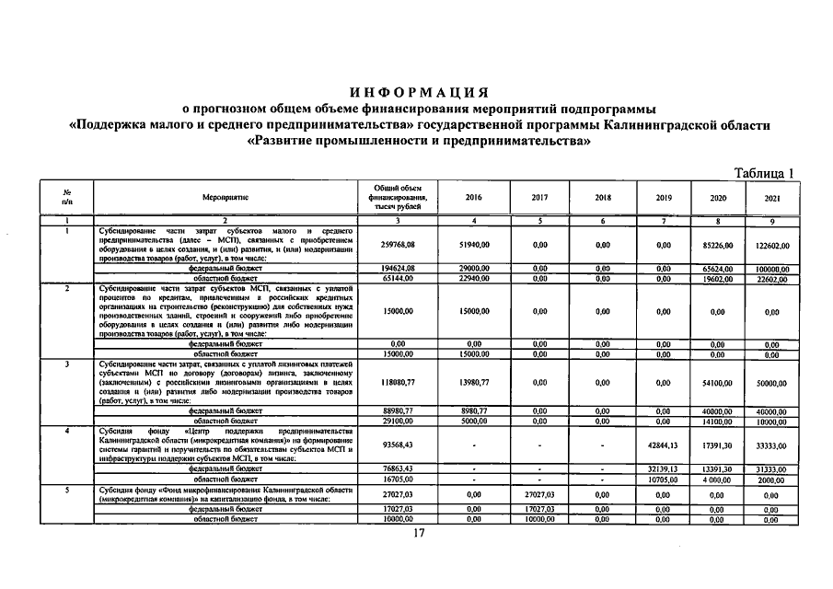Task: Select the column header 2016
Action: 473,198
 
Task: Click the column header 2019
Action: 664,198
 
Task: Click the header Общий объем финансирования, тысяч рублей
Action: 398,198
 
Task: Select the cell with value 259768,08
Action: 398,245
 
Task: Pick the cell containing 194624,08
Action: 398,268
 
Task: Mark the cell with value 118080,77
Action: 398,382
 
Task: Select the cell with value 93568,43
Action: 398,446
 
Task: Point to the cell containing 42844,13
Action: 664,446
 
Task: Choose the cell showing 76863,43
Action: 398,468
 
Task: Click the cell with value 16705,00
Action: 398,479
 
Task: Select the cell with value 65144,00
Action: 398,277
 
